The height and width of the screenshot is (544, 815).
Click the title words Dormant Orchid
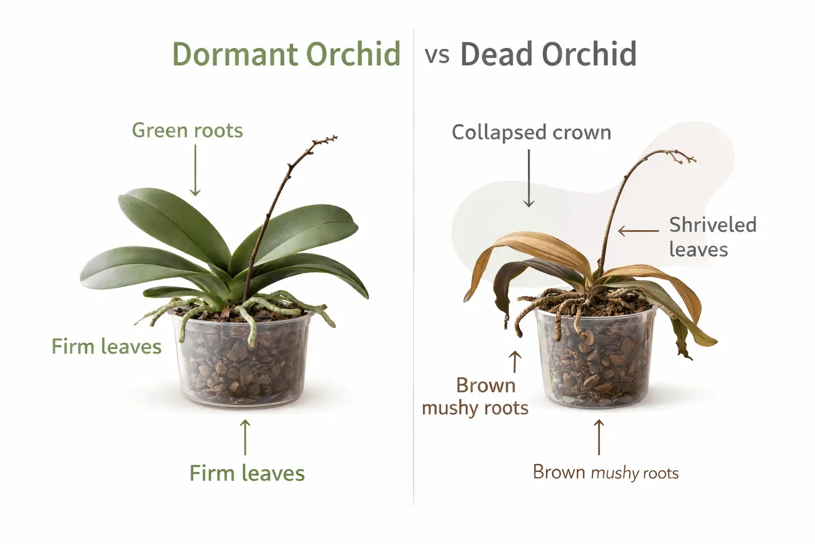point(286,54)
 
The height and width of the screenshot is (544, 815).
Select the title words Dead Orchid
point(548,54)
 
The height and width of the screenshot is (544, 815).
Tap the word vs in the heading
point(437,55)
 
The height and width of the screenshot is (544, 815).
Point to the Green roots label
point(187,130)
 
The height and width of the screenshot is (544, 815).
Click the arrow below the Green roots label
point(195,170)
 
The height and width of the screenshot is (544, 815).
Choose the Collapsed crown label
point(531,132)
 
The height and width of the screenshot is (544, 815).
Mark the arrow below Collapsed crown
point(528,178)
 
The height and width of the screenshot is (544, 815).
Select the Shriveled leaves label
point(712,237)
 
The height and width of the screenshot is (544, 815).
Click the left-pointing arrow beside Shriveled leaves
point(638,231)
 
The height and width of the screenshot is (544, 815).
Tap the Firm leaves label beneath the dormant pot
point(247,473)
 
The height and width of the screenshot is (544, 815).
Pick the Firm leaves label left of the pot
point(106,346)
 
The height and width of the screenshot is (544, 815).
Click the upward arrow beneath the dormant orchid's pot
point(245,437)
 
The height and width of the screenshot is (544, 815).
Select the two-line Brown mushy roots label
point(475,396)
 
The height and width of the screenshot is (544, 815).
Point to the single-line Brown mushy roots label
point(605,472)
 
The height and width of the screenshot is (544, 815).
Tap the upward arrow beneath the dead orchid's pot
point(599,437)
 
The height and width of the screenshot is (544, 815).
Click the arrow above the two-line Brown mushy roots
point(515,361)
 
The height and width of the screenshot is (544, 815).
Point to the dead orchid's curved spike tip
point(692,158)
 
